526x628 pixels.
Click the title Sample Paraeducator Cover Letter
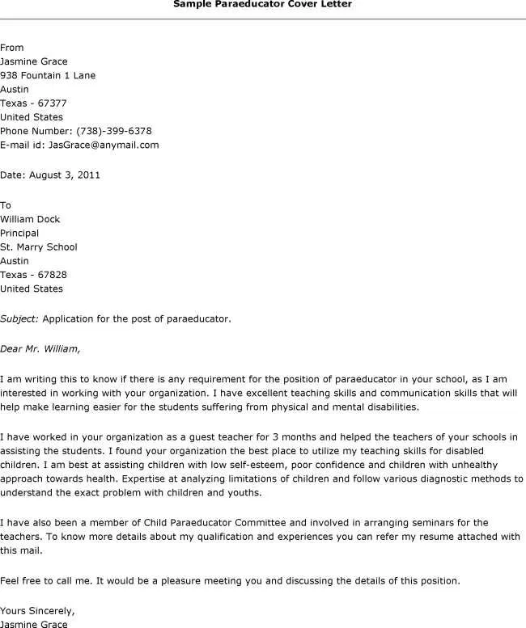tap(263, 4)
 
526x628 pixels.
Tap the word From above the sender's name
tap(12, 48)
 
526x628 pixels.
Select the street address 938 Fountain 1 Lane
tap(48, 75)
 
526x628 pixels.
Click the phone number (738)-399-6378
tap(113, 131)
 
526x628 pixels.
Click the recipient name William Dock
tap(30, 219)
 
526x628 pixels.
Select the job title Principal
tap(19, 233)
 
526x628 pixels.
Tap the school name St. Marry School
tap(39, 247)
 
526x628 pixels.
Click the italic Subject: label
tap(19, 318)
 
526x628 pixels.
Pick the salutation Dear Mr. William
tap(40, 349)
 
